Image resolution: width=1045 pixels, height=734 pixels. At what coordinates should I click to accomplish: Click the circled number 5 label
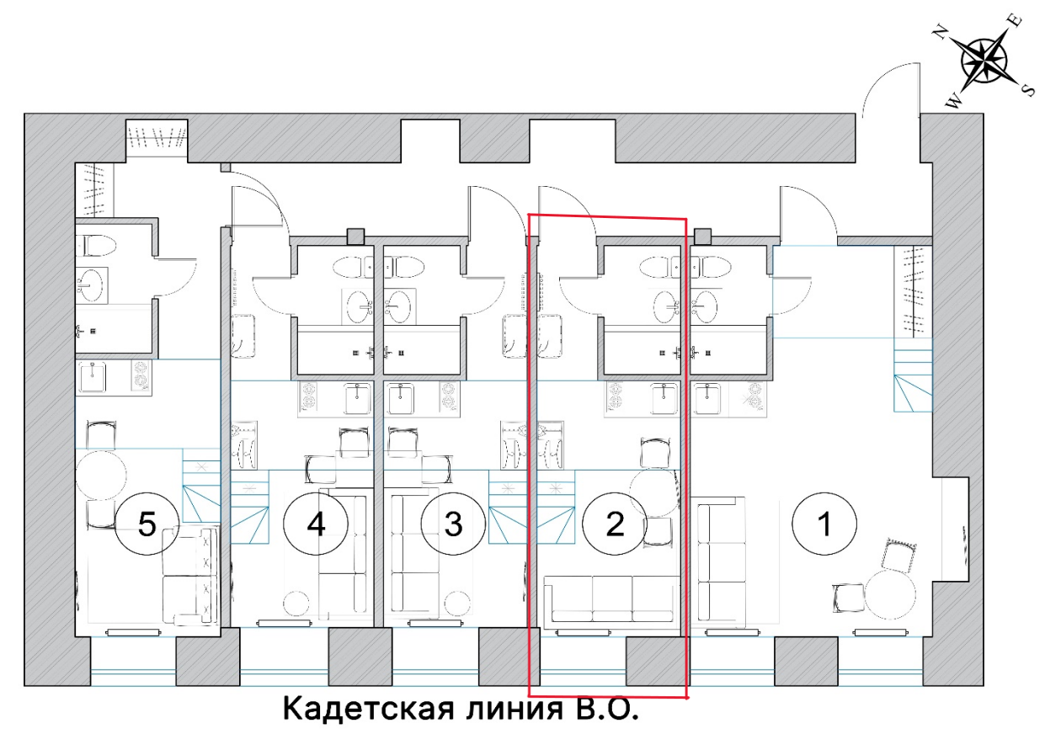tap(147, 524)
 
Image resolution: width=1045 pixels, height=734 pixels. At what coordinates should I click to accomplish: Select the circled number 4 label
tap(315, 524)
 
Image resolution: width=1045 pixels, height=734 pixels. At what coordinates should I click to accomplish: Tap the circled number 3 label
tap(453, 524)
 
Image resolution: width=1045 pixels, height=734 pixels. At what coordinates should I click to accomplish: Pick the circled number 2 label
tap(615, 524)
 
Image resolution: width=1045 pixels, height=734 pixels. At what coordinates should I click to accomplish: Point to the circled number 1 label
tap(824, 524)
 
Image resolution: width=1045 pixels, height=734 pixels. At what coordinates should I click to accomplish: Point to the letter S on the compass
tap(1027, 89)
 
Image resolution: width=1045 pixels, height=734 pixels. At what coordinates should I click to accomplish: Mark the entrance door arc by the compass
tap(884, 88)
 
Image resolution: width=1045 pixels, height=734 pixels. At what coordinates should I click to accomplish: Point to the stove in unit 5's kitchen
tap(141, 376)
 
